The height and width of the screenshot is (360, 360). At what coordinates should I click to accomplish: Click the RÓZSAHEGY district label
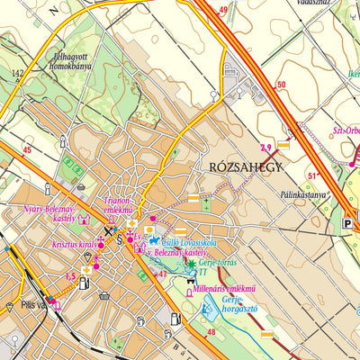[246, 167]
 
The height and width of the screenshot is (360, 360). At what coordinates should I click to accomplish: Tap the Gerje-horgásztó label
[241, 311]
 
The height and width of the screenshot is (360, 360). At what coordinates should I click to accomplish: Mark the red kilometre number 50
[281, 85]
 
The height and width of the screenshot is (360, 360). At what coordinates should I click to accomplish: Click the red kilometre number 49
[222, 10]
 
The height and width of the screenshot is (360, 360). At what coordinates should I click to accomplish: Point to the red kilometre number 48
[211, 333]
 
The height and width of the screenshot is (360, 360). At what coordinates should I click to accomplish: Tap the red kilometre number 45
[26, 149]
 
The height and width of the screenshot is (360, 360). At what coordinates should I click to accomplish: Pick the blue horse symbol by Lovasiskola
[154, 241]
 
